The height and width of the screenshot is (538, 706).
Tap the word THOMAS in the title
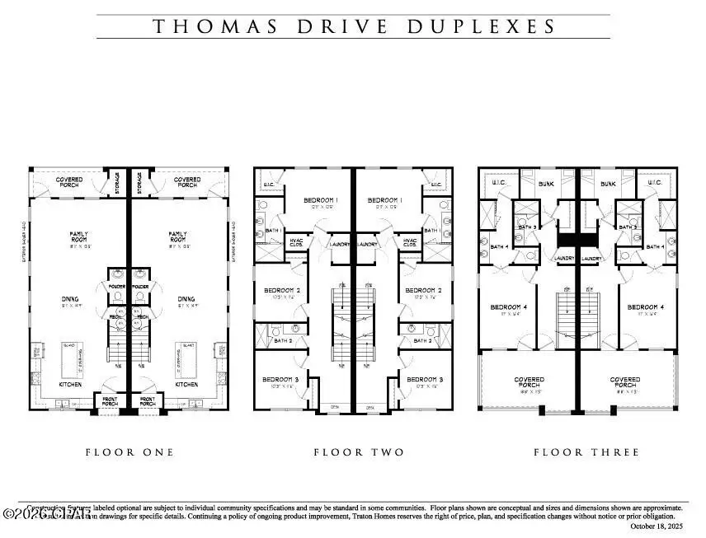[205, 26]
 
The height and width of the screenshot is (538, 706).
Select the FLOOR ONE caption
[129, 452]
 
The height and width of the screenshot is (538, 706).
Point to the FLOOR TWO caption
[359, 452]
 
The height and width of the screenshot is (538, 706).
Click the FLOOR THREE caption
[586, 452]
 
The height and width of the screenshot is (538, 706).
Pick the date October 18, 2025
[656, 526]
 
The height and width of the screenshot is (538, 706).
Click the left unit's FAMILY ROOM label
[78, 237]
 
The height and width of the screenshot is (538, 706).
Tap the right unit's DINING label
[186, 300]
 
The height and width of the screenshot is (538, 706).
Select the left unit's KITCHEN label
[70, 384]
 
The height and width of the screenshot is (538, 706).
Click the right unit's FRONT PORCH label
[148, 401]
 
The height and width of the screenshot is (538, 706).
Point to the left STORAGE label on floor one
[117, 180]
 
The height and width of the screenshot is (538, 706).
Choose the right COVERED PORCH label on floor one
[187, 181]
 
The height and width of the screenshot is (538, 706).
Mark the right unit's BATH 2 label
[422, 340]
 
